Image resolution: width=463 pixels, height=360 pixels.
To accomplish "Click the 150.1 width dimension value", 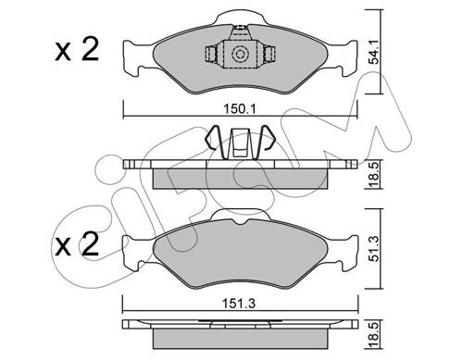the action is [240, 108].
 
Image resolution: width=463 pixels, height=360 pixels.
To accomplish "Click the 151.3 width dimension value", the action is [240, 304].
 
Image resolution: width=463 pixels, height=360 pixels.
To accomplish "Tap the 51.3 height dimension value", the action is [374, 249].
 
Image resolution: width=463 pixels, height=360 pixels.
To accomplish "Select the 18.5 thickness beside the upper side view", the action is [373, 174].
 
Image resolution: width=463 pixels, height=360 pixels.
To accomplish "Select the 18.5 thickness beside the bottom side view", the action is [373, 335].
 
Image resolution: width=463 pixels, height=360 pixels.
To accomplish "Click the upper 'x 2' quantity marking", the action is [77, 49].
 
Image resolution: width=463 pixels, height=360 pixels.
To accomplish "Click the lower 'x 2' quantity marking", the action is [77, 244].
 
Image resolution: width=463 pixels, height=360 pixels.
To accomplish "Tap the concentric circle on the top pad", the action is [240, 55].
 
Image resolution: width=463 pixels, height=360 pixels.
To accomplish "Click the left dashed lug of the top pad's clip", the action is [211, 55].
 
